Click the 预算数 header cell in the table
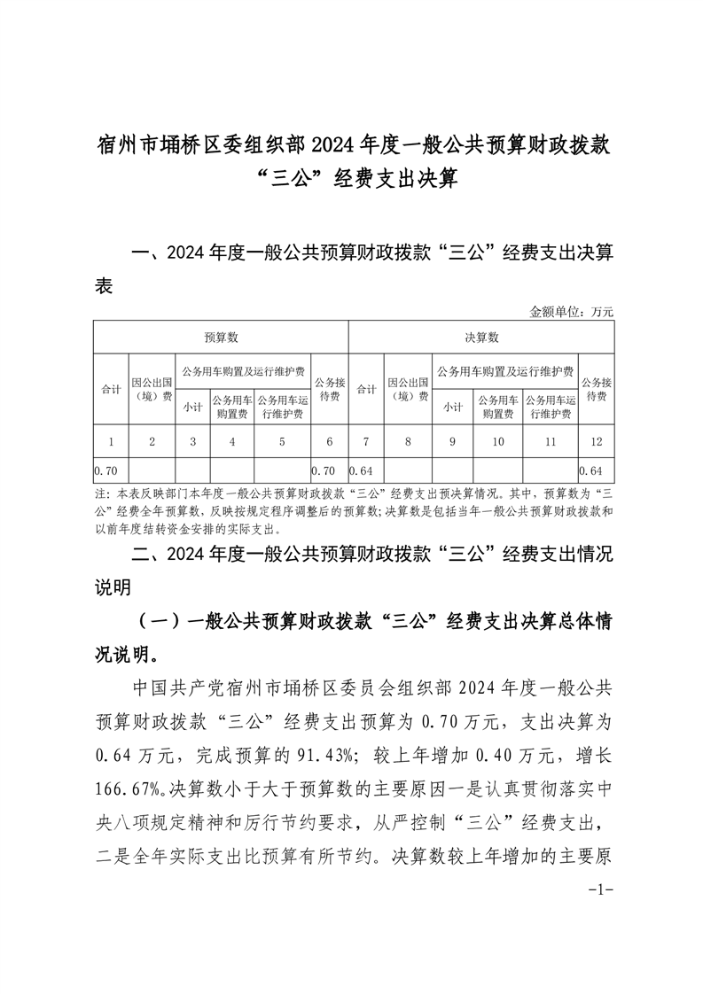point(221,338)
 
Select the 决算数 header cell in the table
point(481,338)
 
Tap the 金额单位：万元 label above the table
point(571,311)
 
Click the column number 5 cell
point(282,440)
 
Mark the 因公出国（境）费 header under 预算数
point(152,389)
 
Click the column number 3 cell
point(192,440)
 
